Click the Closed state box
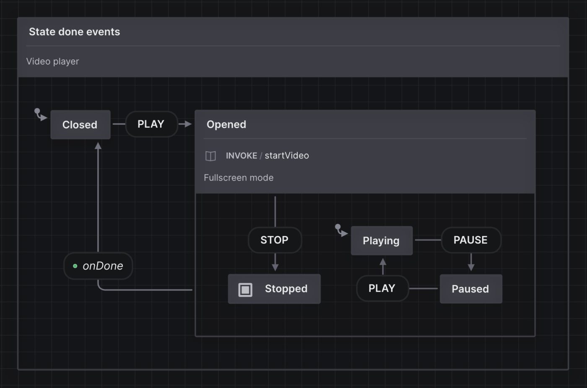tap(80, 125)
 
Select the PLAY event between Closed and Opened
tap(151, 124)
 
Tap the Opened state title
tap(226, 124)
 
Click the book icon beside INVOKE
tap(210, 156)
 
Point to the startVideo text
tap(287, 155)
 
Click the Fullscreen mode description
tap(239, 178)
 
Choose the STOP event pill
tap(275, 240)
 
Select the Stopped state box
tap(274, 289)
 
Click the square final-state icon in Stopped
tap(245, 290)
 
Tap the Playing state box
tap(382, 241)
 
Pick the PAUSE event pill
tap(470, 240)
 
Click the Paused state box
tap(470, 289)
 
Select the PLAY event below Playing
tap(382, 288)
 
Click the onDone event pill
tap(98, 266)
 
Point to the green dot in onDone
tap(75, 266)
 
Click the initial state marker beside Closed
tap(40, 114)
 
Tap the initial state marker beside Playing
tap(341, 230)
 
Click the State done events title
tap(74, 32)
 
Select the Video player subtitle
tap(52, 61)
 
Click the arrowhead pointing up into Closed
tap(98, 146)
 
